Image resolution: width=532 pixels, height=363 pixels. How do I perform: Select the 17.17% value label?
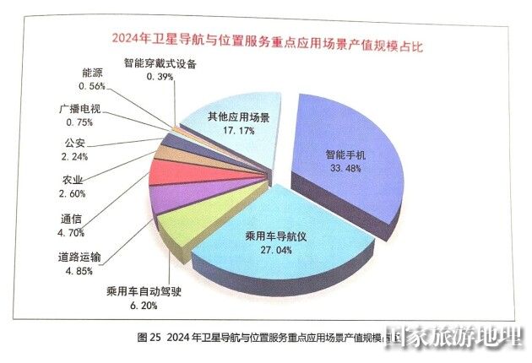click(x=239, y=132)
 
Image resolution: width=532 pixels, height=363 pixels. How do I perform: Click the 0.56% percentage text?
click(x=93, y=86)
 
